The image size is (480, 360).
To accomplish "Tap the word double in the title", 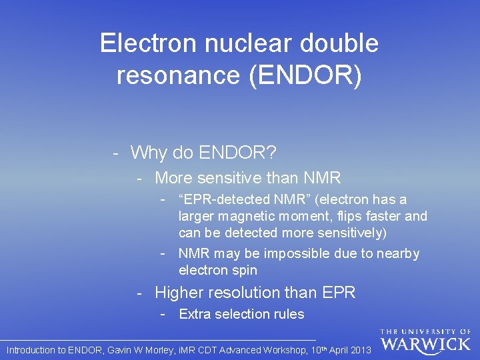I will tap(339, 44).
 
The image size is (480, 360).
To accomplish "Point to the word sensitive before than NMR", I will tap(237, 178).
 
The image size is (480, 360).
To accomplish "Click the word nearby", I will tap(398, 253).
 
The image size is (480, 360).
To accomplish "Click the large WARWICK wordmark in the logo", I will tap(426, 344).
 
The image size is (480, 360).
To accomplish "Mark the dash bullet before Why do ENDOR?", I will tap(116, 153).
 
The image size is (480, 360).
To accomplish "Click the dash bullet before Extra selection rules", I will tap(163, 314).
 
